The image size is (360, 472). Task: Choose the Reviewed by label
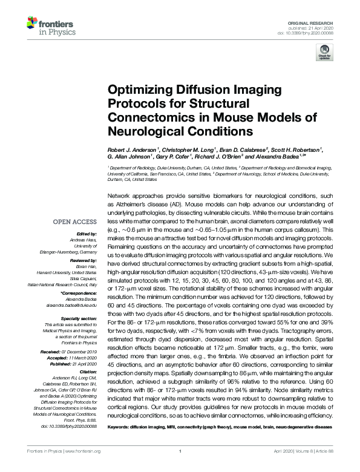pos(82,258)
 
